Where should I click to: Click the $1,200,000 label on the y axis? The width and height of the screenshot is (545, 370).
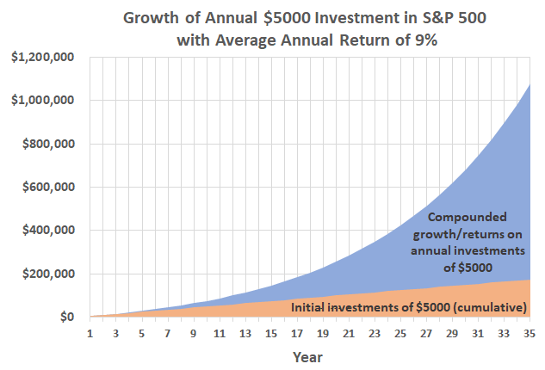click(42, 57)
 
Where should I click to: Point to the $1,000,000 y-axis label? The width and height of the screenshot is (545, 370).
click(42, 101)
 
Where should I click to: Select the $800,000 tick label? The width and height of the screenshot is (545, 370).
click(48, 144)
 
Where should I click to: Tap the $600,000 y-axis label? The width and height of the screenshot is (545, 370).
click(48, 188)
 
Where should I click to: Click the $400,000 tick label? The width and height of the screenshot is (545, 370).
click(48, 231)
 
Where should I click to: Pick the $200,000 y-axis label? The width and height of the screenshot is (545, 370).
click(48, 274)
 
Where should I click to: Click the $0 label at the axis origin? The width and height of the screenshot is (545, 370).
click(69, 318)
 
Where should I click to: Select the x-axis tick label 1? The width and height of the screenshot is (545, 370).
click(90, 334)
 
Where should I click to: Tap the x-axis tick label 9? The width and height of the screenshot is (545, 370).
click(194, 334)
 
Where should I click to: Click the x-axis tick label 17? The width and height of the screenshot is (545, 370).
click(297, 334)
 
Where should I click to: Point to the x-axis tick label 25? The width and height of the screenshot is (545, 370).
click(400, 334)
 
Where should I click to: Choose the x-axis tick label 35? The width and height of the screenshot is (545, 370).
click(529, 334)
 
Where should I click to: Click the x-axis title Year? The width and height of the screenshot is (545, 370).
click(309, 356)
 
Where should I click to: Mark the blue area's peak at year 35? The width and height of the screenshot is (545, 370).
click(529, 83)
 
